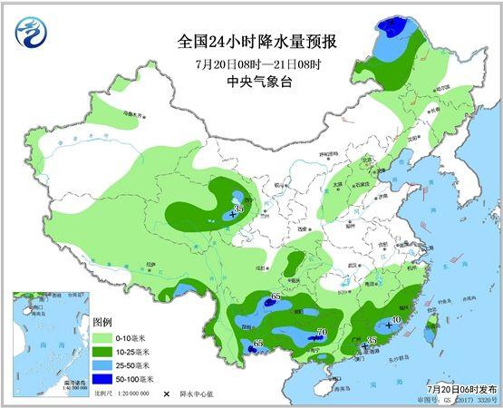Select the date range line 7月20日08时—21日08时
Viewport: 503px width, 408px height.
(x=251, y=63)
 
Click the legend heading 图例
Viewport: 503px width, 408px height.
(x=102, y=323)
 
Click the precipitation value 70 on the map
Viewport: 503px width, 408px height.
(x=322, y=333)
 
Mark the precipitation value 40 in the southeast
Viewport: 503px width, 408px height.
(x=395, y=320)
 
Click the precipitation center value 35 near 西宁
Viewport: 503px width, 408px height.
(x=238, y=209)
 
